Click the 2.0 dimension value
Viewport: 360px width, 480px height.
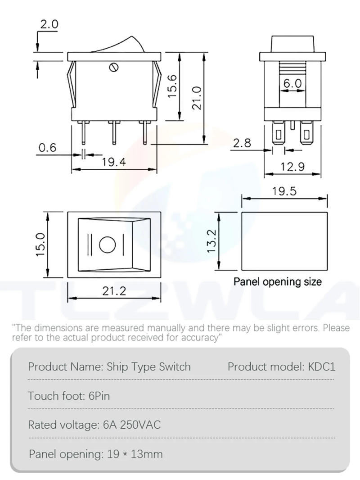pyautogui.click(x=49, y=25)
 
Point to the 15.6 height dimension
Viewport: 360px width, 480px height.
pyautogui.click(x=173, y=86)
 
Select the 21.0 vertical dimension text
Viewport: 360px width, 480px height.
pyautogui.click(x=196, y=98)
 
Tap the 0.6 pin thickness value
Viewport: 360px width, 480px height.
pyautogui.click(x=47, y=148)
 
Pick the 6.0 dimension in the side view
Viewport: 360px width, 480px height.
pyautogui.click(x=292, y=84)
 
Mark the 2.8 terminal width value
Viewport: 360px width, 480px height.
pyautogui.click(x=242, y=143)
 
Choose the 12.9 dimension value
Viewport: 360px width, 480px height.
pyautogui.click(x=292, y=167)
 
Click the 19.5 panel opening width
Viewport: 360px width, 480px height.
pyautogui.click(x=284, y=191)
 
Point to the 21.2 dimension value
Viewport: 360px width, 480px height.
pyautogui.click(x=114, y=291)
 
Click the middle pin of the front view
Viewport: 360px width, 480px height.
pyautogui.click(x=114, y=131)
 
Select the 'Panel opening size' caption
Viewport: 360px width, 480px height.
pyautogui.click(x=278, y=282)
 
